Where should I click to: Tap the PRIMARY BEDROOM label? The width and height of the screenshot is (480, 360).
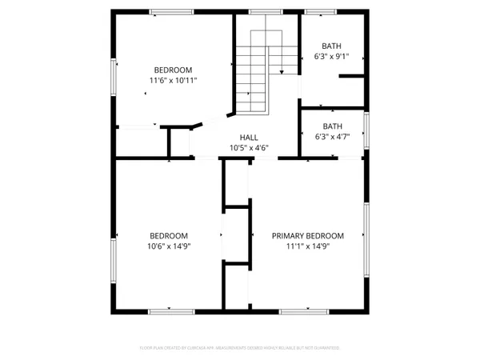coord(308,236)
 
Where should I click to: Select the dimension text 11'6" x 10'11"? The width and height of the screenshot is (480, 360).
coord(173,81)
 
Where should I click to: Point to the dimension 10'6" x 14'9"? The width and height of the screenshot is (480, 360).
coord(169,246)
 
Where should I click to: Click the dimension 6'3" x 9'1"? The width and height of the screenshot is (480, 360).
coord(330,57)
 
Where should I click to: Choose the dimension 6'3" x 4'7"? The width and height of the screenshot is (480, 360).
coord(332,137)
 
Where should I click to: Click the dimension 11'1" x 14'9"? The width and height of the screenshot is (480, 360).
coord(308,246)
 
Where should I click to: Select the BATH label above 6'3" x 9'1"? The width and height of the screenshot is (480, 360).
coord(330,46)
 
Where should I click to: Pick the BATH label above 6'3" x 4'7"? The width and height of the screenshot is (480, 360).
coord(332,126)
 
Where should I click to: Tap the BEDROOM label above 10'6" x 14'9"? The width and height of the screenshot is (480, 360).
coord(169,236)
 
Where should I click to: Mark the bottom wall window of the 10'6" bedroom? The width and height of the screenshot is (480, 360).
coord(170,310)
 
